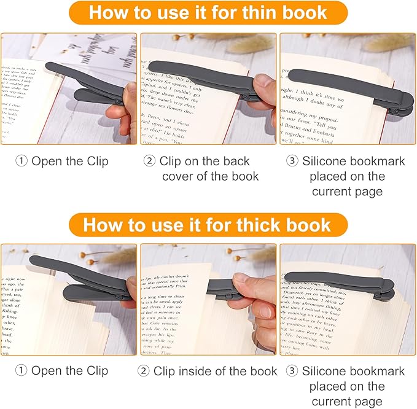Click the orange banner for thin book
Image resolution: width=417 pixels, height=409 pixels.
[x=208, y=13]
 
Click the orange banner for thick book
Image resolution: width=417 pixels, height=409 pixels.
[x=208, y=224]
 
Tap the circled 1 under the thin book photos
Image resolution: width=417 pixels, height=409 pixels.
[x=22, y=162]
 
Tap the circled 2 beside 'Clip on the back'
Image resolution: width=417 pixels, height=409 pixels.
[x=150, y=162]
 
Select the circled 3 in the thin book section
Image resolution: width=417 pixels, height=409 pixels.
[x=292, y=162]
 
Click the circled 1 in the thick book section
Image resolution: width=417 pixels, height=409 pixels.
[x=22, y=371]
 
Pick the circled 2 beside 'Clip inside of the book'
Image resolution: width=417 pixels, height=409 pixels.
[x=143, y=371]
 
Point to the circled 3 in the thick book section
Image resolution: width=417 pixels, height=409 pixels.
[x=292, y=371]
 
